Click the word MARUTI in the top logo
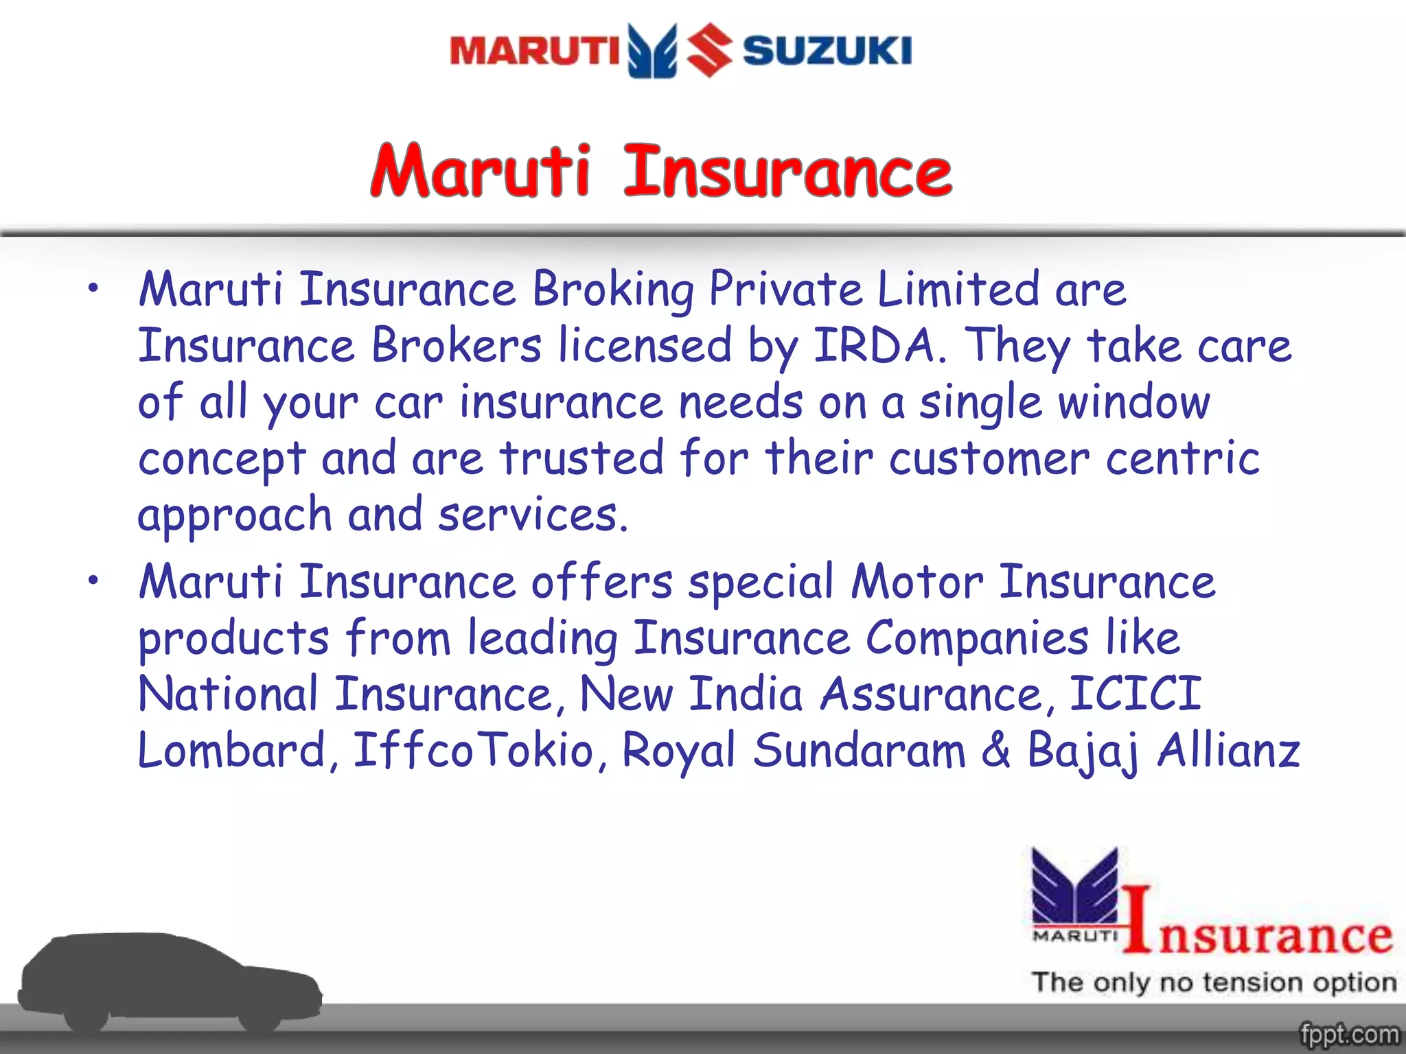(x=534, y=51)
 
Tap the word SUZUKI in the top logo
(x=827, y=51)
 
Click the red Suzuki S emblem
(x=710, y=49)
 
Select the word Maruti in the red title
(x=481, y=171)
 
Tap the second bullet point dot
(x=93, y=581)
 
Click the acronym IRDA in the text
(x=875, y=345)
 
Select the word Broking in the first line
(x=613, y=290)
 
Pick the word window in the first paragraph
(x=1133, y=402)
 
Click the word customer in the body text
(x=989, y=458)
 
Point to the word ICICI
(x=1136, y=694)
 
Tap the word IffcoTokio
(x=473, y=750)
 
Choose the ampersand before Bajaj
(x=995, y=750)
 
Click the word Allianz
(x=1229, y=750)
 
